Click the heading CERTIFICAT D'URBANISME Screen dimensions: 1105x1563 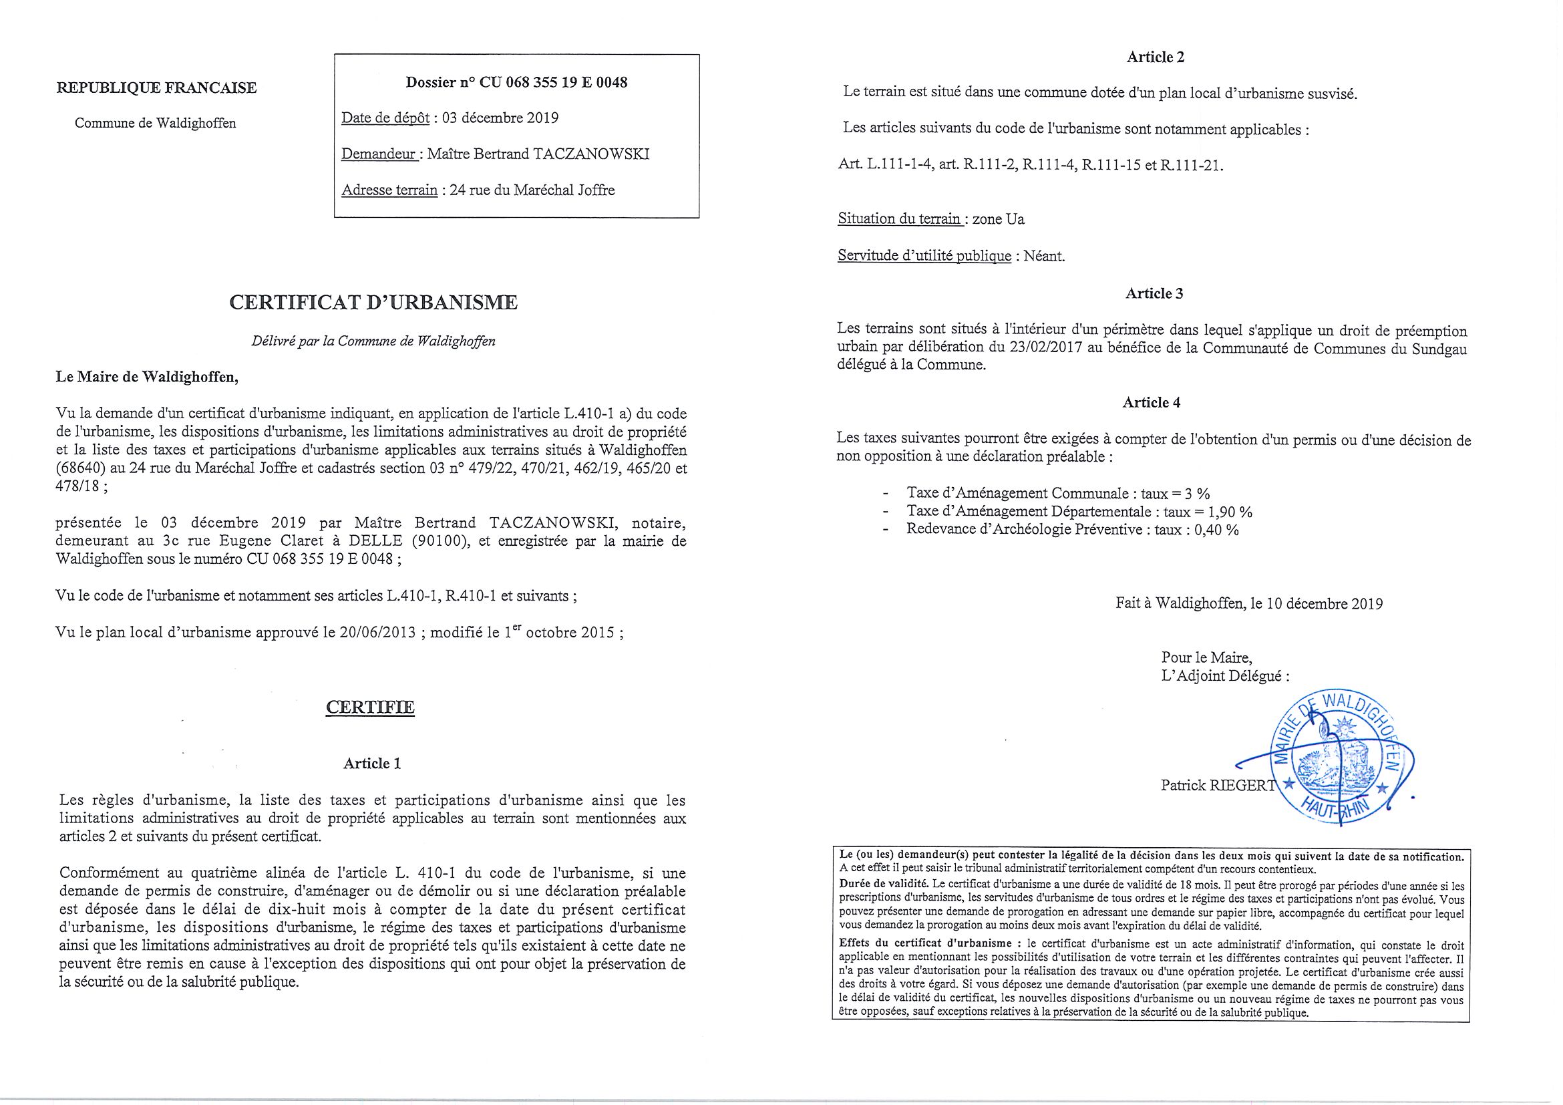coord(373,303)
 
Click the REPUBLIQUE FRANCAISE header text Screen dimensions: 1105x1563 coord(156,88)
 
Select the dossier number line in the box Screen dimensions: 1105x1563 coord(516,83)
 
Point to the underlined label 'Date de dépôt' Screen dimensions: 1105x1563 coord(385,118)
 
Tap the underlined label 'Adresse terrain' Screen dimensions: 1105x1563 coord(389,190)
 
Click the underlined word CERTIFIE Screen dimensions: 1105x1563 coord(370,707)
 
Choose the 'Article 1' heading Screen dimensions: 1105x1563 coord(371,763)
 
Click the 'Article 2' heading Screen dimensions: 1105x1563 coord(1156,57)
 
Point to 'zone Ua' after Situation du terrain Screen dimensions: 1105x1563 coord(999,219)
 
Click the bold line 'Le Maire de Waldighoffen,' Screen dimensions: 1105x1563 coord(147,377)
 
